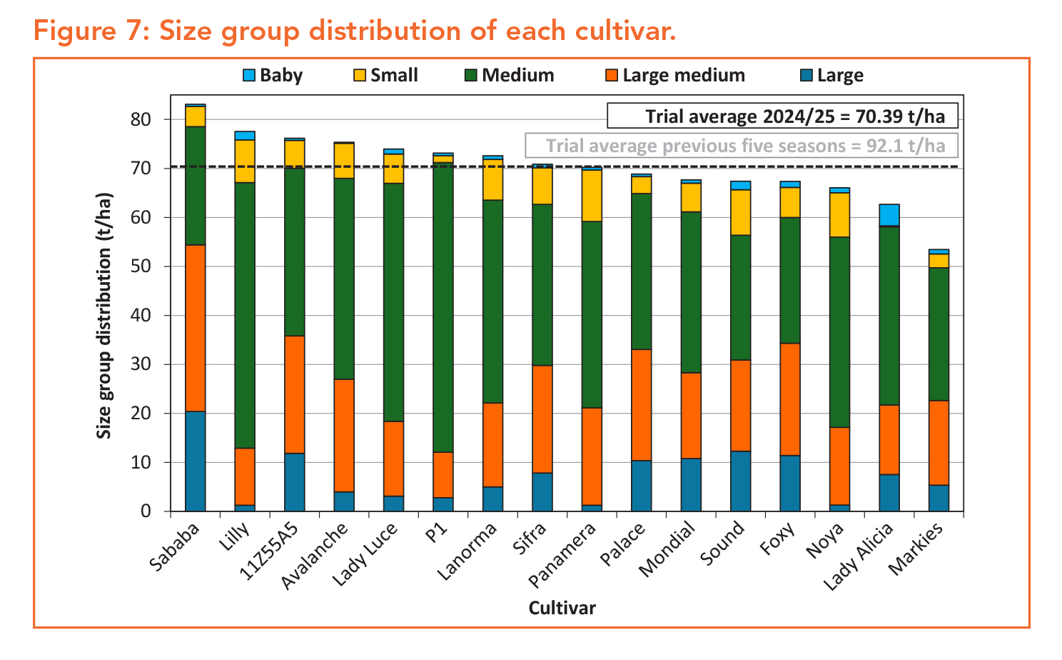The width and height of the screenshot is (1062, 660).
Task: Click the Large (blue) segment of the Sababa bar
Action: click(x=195, y=461)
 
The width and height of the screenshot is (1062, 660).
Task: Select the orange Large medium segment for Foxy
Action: click(x=790, y=399)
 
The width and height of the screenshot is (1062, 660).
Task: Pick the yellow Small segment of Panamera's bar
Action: click(x=592, y=195)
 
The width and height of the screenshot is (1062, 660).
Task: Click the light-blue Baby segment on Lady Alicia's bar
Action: click(x=889, y=215)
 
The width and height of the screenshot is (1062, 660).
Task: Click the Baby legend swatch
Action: click(x=249, y=75)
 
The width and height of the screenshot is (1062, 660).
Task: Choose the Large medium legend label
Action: click(x=683, y=75)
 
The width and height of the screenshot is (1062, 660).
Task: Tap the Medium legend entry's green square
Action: click(x=471, y=75)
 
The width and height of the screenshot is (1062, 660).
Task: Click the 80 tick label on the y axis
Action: click(x=141, y=119)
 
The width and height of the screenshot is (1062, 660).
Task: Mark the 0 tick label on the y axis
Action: click(x=146, y=511)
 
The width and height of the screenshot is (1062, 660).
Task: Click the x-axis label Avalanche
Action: click(x=315, y=556)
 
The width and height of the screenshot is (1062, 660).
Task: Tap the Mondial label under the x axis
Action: click(x=667, y=549)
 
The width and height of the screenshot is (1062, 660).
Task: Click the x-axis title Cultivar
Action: click(x=562, y=608)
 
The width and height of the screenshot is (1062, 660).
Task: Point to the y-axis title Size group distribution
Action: click(x=104, y=314)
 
